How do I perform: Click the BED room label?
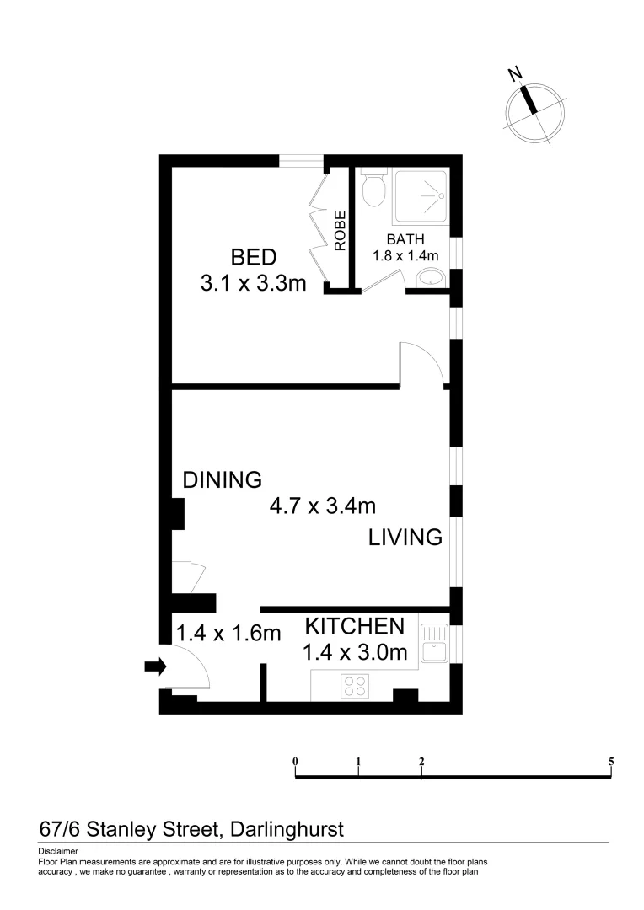[254, 256]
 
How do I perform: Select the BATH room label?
[405, 240]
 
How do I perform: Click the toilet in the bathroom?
[373, 189]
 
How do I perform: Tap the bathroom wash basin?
[432, 278]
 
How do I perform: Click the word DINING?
[223, 480]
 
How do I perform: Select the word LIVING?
[405, 537]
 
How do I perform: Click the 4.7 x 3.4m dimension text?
[322, 506]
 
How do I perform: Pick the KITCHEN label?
[354, 626]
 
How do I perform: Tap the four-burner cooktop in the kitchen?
[355, 686]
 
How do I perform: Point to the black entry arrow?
[155, 667]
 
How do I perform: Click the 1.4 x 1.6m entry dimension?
[228, 633]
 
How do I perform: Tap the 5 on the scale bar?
[610, 761]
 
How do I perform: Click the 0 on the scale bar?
[296, 761]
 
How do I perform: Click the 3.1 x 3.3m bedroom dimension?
[254, 283]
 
